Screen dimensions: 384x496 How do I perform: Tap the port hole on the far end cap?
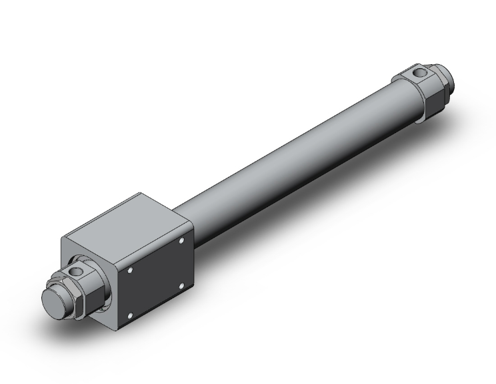point(418,71)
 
